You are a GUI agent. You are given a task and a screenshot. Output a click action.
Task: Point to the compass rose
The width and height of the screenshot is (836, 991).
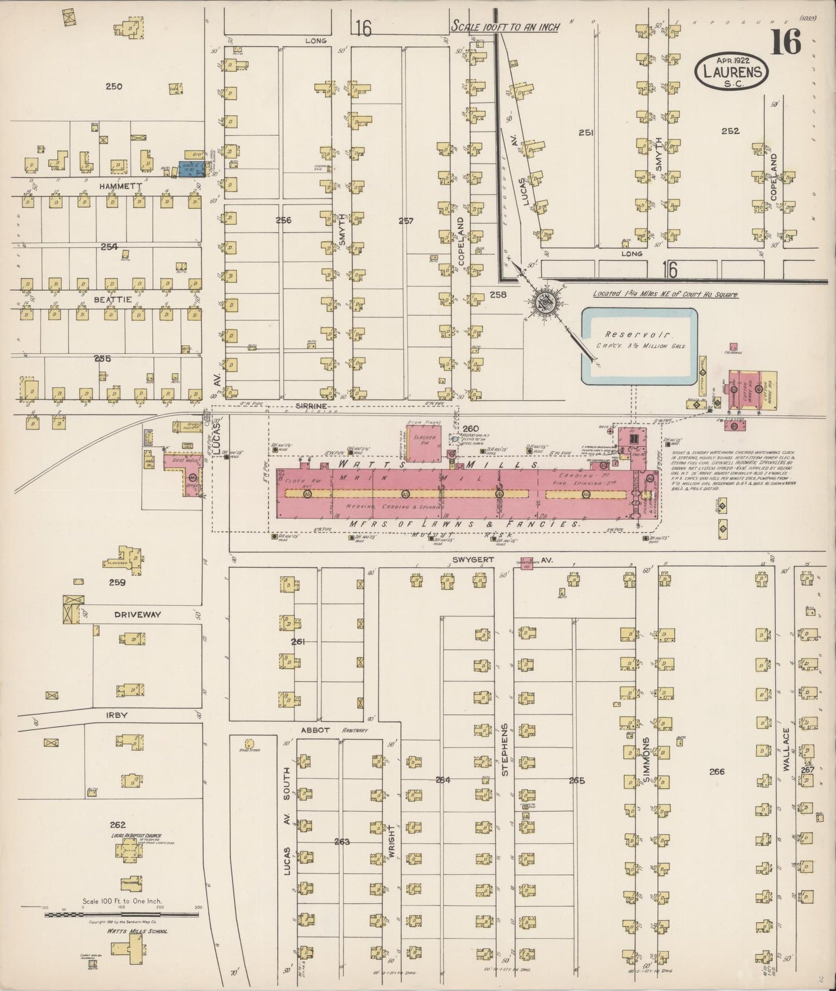click(x=544, y=301)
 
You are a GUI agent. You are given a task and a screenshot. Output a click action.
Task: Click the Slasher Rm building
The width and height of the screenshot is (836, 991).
click(x=423, y=443)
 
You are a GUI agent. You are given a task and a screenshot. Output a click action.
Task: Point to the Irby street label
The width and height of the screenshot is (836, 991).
click(x=117, y=715)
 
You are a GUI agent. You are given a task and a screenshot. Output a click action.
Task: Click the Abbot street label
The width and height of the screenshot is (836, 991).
click(x=315, y=730)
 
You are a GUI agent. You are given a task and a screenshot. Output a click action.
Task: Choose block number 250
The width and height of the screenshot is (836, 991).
click(x=114, y=87)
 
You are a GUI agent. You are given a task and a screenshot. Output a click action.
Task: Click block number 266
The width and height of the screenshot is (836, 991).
click(x=716, y=771)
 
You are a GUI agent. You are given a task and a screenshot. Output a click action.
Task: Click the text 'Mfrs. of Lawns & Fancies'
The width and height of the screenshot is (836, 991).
click(x=465, y=524)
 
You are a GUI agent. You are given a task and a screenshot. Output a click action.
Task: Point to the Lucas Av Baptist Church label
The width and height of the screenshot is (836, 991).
click(x=137, y=835)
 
